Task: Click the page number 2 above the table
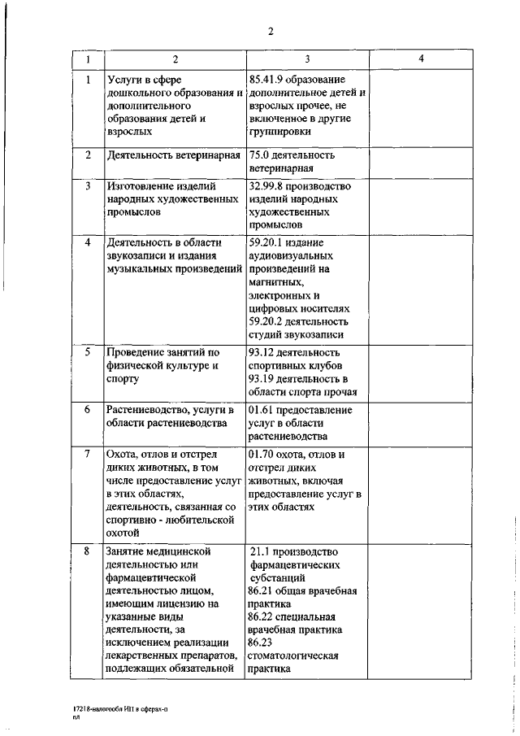click(271, 32)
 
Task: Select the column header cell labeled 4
click(420, 59)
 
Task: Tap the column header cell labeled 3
click(306, 59)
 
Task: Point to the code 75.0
click(262, 155)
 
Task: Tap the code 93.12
click(264, 352)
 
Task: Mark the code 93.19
click(264, 378)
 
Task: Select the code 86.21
click(264, 590)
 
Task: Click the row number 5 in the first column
click(87, 352)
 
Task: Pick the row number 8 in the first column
click(87, 551)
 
